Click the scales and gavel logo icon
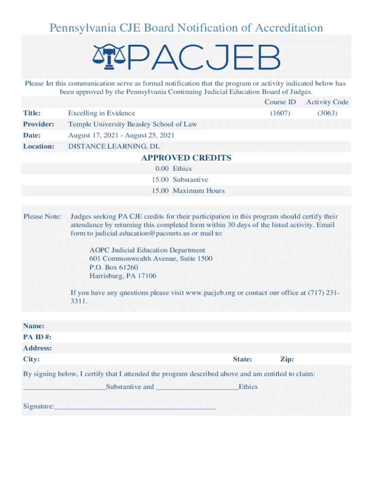[109, 57]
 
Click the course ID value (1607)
[280, 113]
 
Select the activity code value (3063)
[327, 113]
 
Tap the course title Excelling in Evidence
[102, 113]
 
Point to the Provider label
[38, 124]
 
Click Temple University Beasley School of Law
[133, 124]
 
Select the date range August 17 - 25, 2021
[121, 136]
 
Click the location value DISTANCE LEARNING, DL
[114, 146]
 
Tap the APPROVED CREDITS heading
[186, 158]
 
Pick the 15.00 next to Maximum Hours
[160, 191]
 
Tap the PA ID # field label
[37, 337]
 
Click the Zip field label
[287, 360]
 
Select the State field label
[242, 360]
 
